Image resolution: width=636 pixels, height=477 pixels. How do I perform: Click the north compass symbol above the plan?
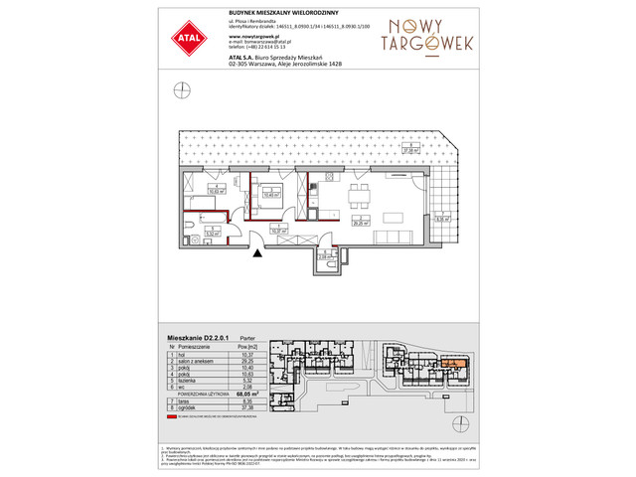[x=182, y=90]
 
